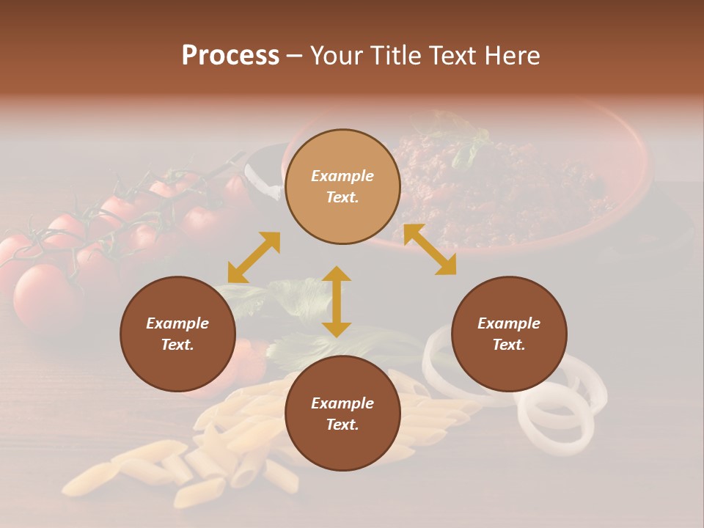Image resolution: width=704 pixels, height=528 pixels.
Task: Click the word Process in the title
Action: coord(230,56)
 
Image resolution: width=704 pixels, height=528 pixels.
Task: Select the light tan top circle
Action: coord(342,186)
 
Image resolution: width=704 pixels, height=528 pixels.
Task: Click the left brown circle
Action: coord(177,334)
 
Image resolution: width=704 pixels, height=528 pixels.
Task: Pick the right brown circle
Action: coord(509,334)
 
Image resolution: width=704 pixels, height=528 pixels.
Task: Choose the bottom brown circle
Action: coord(342,414)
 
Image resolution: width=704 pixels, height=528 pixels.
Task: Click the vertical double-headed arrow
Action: coord(337,301)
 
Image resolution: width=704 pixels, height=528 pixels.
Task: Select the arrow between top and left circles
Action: coord(254,257)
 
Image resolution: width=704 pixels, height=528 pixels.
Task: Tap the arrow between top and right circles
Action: coord(430,249)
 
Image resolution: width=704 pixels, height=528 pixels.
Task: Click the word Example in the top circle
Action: coord(342,176)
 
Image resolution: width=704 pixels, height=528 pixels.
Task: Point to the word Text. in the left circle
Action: coord(177,345)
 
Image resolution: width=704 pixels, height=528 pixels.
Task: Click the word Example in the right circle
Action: coord(509,323)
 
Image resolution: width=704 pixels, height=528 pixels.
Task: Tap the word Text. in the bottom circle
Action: coord(342,425)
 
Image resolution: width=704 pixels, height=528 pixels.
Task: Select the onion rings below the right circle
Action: coord(557,418)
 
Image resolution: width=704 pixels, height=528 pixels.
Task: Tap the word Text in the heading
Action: coord(450,56)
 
